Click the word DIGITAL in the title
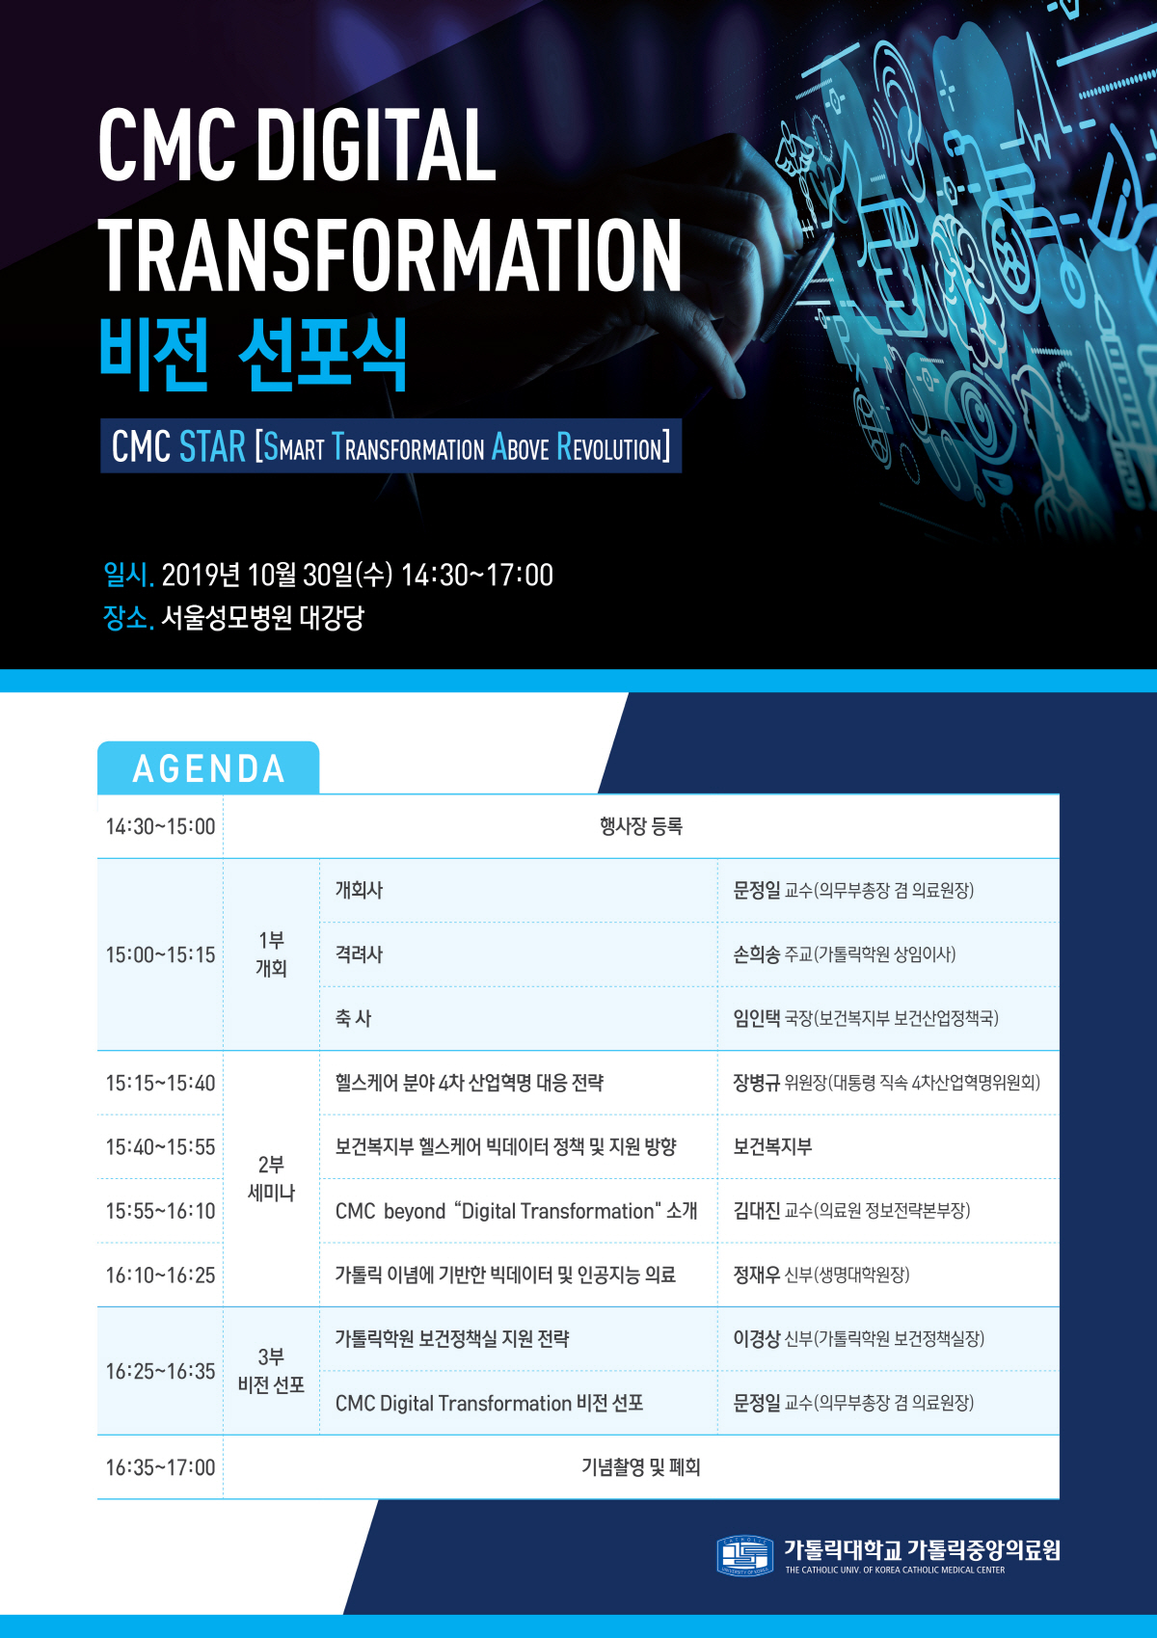[376, 145]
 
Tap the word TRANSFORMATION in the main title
[390, 255]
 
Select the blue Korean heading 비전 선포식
[253, 353]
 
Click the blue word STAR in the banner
[212, 446]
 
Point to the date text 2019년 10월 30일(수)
[277, 575]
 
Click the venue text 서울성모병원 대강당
[262, 618]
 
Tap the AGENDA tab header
[208, 767]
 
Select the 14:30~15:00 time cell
[160, 826]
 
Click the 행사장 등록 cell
[640, 826]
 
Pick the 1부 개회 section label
[271, 954]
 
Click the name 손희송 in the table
[756, 954]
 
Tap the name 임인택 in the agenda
[756, 1018]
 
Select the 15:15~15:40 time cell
[160, 1083]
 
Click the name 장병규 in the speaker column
[756, 1083]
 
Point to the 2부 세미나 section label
[271, 1178]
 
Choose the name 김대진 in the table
[756, 1210]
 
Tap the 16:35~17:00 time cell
[160, 1467]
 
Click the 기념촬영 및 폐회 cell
[640, 1467]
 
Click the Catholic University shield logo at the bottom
[744, 1555]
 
